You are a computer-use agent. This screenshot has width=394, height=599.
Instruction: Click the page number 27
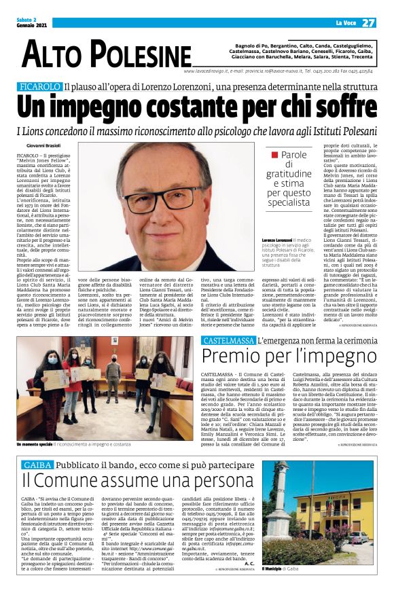(368, 22)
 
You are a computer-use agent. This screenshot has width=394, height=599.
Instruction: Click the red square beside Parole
(274, 156)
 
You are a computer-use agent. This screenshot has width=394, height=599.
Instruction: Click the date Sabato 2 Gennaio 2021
(33, 22)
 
